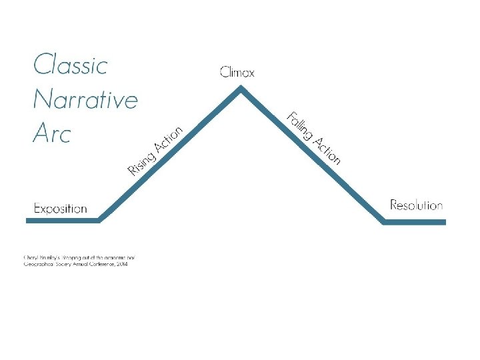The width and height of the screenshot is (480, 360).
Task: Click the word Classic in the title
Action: tap(70, 65)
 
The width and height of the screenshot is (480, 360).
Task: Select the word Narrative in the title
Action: tap(85, 99)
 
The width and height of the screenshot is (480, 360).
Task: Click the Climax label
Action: tap(237, 72)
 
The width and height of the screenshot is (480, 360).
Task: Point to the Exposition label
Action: tap(60, 209)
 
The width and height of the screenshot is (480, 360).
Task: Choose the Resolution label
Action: tap(416, 205)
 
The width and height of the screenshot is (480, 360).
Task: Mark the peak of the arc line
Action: tap(241, 90)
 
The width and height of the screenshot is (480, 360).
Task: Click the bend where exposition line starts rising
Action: tap(99, 220)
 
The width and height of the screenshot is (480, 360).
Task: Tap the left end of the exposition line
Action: tap(27, 220)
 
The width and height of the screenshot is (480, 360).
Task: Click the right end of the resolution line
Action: tap(444, 221)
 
